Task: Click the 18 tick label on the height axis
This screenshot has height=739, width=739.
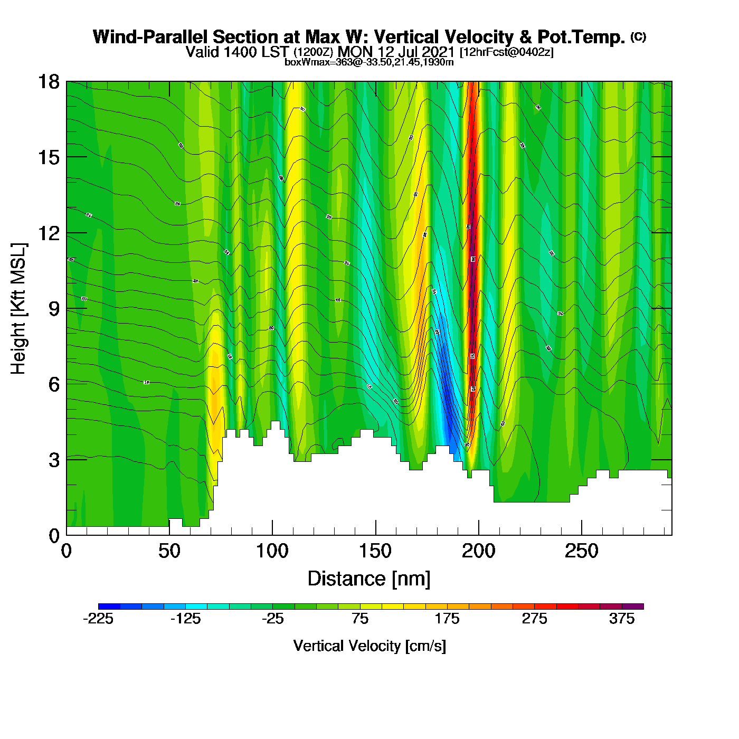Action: [x=48, y=82]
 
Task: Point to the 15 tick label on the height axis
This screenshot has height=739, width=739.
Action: [x=48, y=157]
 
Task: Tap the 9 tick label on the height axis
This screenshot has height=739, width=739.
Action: [x=54, y=309]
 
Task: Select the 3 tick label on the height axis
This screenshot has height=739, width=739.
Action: [x=54, y=460]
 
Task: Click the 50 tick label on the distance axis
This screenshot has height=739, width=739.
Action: [x=169, y=552]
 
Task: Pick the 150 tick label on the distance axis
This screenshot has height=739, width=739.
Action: [x=375, y=552]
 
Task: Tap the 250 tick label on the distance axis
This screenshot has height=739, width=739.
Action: [x=581, y=552]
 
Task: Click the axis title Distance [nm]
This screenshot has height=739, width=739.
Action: [x=369, y=579]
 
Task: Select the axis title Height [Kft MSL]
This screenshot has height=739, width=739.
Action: [x=18, y=309]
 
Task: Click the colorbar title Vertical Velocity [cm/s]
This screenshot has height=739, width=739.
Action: [x=369, y=646]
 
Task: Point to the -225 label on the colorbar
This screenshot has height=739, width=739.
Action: [x=98, y=619]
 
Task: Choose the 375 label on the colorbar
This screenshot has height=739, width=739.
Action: [x=622, y=619]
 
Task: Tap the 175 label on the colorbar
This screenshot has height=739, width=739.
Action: [x=447, y=619]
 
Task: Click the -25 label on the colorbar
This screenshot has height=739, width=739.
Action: [x=273, y=619]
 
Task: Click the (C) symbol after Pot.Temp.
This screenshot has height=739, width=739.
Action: [x=638, y=36]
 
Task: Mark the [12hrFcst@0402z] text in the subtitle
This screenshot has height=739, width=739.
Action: [x=507, y=52]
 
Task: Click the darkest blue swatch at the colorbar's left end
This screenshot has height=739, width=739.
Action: [x=109, y=607]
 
